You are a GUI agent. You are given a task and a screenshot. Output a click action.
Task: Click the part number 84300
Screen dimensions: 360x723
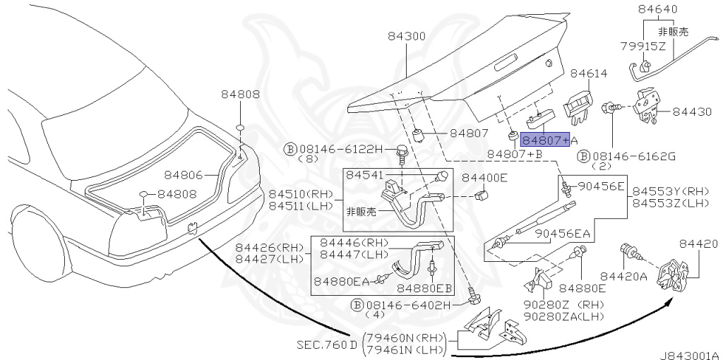pos(407,35)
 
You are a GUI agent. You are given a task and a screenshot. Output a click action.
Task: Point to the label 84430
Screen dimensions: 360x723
pos(695,112)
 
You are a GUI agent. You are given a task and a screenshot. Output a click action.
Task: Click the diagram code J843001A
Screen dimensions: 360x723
pos(689,355)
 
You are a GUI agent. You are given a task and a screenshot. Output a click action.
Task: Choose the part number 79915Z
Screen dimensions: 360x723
pos(643,46)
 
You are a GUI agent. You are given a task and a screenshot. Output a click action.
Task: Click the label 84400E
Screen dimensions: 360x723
pos(484,177)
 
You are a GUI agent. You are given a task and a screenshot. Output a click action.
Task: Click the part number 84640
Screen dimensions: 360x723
pos(657,9)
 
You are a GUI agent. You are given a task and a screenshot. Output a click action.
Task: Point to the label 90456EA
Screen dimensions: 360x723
pos(562,234)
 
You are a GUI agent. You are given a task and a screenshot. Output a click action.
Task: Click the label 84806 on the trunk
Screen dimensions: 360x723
pos(184,174)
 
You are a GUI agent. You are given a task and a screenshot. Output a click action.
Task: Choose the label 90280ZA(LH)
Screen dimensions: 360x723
pos(563,317)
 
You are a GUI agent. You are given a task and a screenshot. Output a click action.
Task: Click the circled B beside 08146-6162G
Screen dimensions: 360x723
pos(583,156)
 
